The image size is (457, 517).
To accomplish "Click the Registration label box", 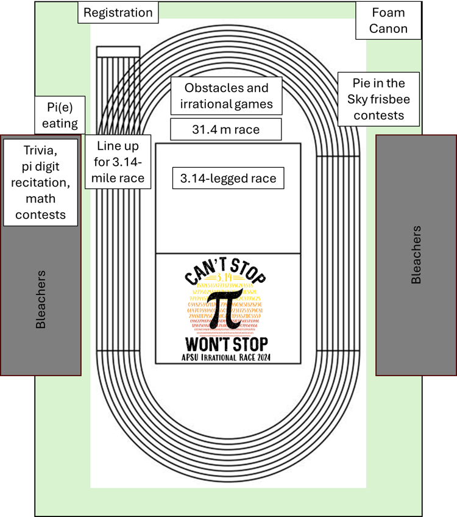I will [118, 13].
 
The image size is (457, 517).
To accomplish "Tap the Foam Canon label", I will [388, 21].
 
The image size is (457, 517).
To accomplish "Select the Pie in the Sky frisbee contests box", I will [378, 99].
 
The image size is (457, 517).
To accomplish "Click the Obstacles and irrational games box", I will [227, 96].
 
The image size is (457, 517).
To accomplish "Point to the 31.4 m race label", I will [226, 129].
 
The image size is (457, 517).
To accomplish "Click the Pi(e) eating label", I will [60, 114].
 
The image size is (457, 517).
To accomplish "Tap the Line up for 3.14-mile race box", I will [118, 162].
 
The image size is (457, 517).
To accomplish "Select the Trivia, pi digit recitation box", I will [41, 182].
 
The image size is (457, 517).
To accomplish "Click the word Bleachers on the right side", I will [416, 255].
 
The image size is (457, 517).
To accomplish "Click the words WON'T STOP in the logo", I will [227, 342].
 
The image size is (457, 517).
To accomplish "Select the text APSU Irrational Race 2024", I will [227, 357].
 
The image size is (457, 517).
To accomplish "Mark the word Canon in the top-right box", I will [388, 29].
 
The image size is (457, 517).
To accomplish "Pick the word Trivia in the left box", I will [41, 149].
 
